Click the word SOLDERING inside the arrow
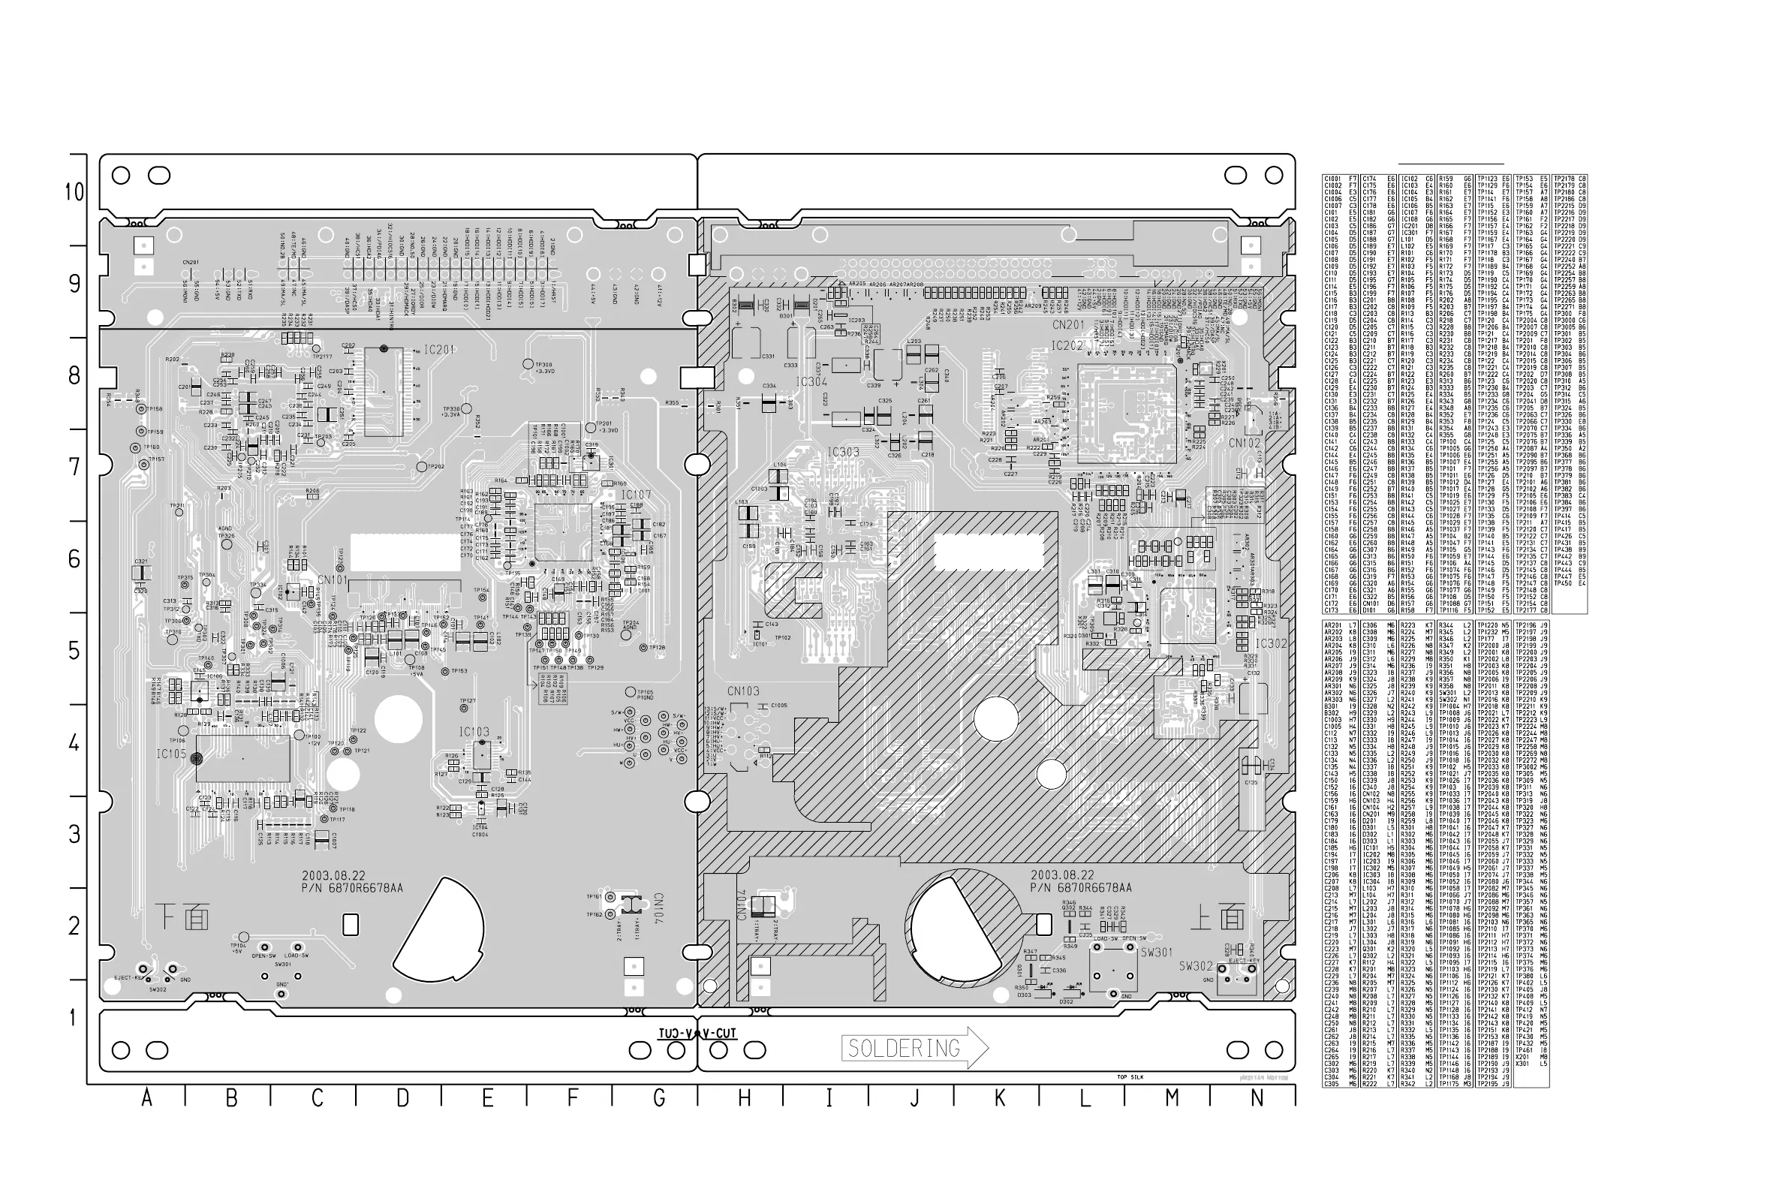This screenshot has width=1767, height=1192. pyautogui.click(x=904, y=1049)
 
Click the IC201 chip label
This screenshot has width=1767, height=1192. pyautogui.click(x=439, y=351)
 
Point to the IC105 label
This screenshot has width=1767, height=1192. pyautogui.click(x=171, y=754)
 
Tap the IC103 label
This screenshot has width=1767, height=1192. pyautogui.click(x=474, y=732)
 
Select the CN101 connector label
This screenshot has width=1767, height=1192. pyautogui.click(x=332, y=580)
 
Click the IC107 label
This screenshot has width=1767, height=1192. pyautogui.click(x=636, y=495)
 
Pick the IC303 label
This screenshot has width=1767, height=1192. pyautogui.click(x=843, y=453)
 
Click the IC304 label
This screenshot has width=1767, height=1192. pyautogui.click(x=811, y=381)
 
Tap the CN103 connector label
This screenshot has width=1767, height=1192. pyautogui.click(x=742, y=692)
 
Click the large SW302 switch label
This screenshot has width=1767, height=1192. pyautogui.click(x=1196, y=966)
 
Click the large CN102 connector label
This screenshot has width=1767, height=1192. pyautogui.click(x=1244, y=442)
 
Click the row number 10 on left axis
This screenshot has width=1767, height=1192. pyautogui.click(x=74, y=192)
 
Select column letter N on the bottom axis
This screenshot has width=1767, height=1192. pyautogui.click(x=1257, y=1098)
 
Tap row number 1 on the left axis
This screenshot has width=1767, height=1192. pyautogui.click(x=74, y=1018)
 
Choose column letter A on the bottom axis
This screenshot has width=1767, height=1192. pyautogui.click(x=146, y=1098)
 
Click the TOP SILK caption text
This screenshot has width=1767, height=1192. pyautogui.click(x=1130, y=1077)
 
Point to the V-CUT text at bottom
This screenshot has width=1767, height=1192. pyautogui.click(x=719, y=1034)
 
